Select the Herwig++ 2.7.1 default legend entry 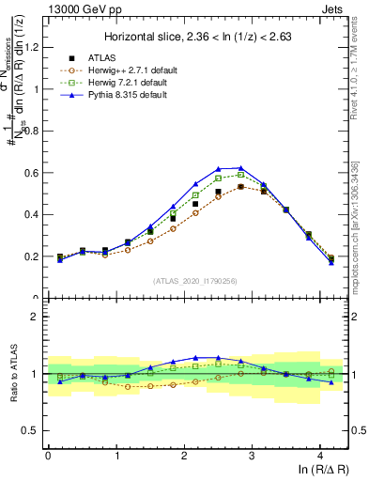tap(123, 70)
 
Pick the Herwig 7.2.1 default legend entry tap(121, 83)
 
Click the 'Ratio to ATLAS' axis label tap(12, 374)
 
